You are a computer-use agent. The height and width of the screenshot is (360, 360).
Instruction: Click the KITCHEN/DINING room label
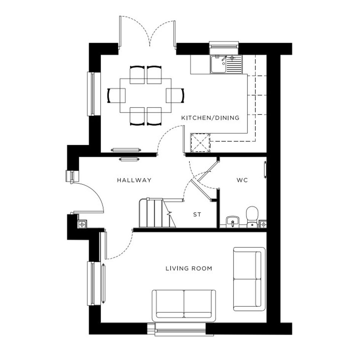coord(210,118)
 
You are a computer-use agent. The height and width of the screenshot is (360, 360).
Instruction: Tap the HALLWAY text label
coord(134,180)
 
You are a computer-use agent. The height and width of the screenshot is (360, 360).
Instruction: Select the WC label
coord(242,180)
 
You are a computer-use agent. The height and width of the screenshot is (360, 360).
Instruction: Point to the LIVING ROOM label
coord(189,268)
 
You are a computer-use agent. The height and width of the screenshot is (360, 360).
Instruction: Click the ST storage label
coord(197,215)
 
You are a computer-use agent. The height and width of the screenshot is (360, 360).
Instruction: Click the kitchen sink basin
coord(218,64)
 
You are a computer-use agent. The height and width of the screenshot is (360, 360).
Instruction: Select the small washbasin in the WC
coord(233,222)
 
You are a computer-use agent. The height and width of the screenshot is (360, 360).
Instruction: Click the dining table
coord(146,96)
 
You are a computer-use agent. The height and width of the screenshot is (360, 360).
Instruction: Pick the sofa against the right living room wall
coord(249,279)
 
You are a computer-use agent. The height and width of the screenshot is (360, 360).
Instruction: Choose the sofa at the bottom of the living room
coord(184,306)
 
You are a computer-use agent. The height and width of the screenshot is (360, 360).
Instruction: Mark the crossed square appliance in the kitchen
coord(200,143)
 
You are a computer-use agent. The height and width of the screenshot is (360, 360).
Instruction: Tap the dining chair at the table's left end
coord(117,96)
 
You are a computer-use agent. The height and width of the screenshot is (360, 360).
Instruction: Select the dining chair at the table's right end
coord(175,96)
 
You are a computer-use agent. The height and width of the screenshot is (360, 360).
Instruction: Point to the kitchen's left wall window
coord(93,94)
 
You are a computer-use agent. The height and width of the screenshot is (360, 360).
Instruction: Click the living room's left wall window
coord(93,283)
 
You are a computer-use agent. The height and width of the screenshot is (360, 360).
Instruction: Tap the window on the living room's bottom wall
coord(180,330)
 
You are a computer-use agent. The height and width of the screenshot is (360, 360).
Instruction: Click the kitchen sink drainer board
coord(234,64)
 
